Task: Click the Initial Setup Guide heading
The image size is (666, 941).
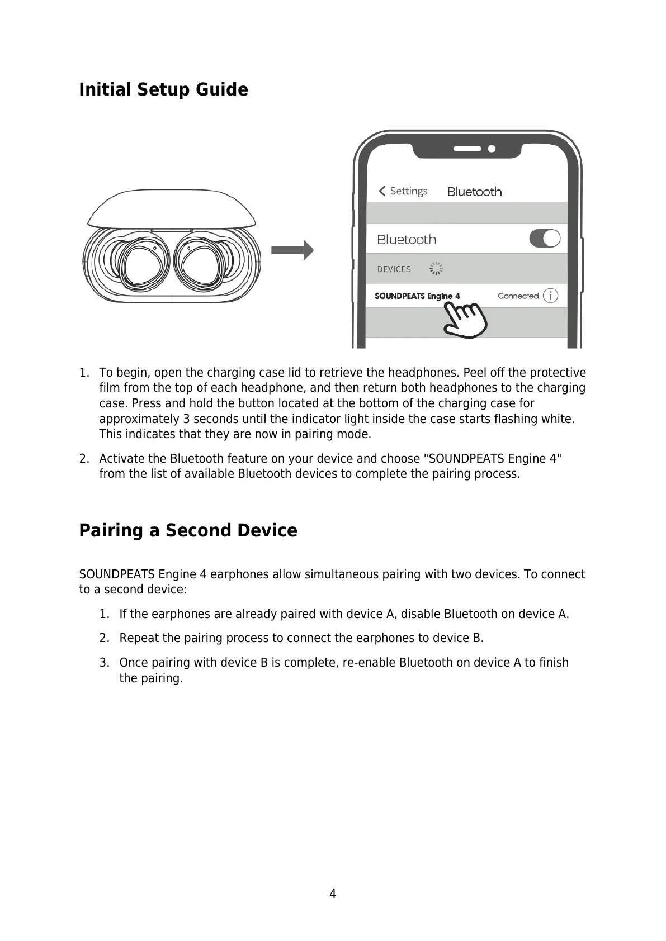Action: point(163,89)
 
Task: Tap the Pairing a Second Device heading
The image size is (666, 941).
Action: point(188,530)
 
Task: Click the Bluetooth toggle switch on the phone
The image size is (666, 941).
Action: point(545,239)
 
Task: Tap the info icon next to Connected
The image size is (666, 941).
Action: point(551,296)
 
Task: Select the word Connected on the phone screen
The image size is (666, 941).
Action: point(518,296)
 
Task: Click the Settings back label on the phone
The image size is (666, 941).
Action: point(408,191)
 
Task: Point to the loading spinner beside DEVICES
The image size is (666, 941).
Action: point(436,269)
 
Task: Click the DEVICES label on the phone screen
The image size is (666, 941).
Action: point(394,269)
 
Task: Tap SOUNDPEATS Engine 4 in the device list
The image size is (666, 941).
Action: point(417,296)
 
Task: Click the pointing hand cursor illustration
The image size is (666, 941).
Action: point(466,319)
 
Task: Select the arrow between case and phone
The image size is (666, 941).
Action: point(292,250)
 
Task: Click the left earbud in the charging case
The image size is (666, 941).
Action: point(140,263)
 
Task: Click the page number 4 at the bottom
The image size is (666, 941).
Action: point(333,894)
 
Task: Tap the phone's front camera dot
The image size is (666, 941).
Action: point(492,149)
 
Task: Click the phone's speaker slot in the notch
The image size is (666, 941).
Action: point(467,149)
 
